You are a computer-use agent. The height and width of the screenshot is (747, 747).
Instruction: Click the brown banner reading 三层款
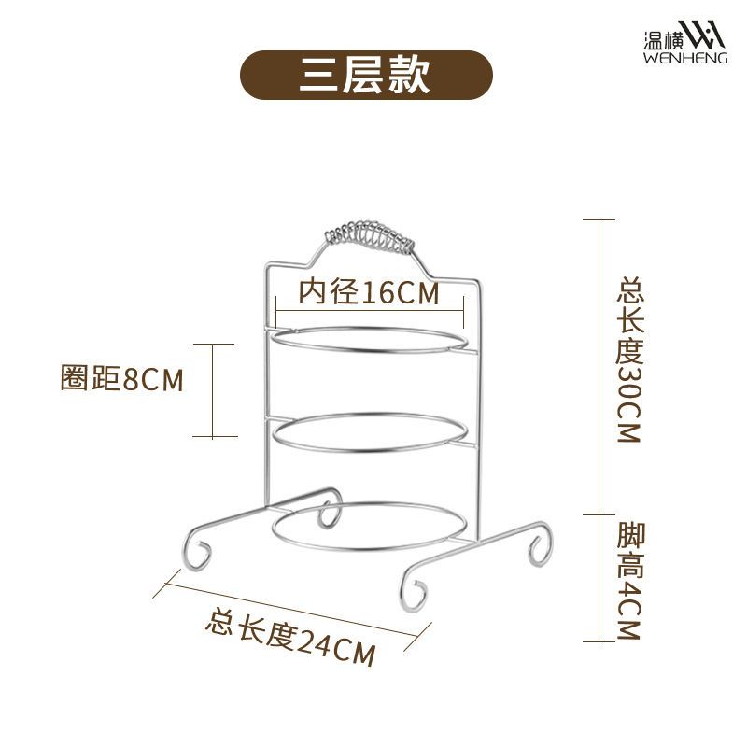tap(365, 75)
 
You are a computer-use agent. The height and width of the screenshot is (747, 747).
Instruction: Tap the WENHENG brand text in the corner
tap(685, 58)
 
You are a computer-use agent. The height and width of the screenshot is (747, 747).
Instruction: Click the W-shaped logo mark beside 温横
tap(702, 35)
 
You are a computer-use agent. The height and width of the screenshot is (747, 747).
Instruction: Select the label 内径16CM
tap(368, 292)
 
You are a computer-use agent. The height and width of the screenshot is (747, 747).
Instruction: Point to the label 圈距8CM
tap(122, 379)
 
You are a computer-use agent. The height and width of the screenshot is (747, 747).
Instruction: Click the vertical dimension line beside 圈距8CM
tap(213, 390)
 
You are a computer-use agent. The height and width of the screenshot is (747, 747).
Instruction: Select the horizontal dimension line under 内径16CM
tap(370, 312)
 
